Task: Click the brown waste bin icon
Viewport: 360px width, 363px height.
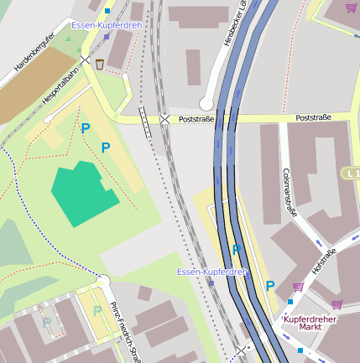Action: point(100,64)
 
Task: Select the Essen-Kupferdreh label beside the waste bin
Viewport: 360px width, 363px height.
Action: point(107,26)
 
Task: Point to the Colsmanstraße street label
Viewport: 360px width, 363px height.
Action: point(290,189)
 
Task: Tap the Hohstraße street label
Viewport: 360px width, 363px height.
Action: point(324,261)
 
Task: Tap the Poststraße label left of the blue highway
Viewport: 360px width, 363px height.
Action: point(196,120)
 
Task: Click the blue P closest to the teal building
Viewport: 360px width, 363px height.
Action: point(106,148)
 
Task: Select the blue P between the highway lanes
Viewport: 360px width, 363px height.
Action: point(237,249)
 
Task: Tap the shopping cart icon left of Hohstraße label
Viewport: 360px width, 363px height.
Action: point(299,287)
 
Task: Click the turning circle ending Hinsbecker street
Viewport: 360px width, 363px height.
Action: point(206,104)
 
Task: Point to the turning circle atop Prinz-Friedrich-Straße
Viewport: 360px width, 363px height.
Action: point(103,281)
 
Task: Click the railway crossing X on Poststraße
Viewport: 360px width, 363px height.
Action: point(164,120)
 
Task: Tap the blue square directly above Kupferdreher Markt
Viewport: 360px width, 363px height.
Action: point(290,301)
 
